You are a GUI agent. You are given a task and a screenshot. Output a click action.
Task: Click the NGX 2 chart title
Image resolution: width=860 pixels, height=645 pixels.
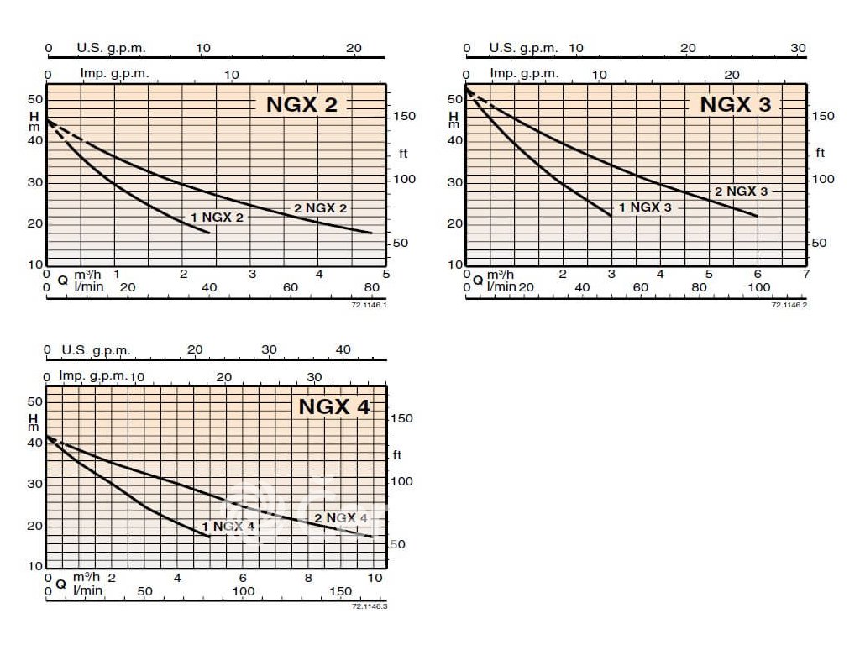[x=302, y=104]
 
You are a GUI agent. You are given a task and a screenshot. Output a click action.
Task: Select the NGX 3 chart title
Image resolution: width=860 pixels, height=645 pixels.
[x=735, y=104]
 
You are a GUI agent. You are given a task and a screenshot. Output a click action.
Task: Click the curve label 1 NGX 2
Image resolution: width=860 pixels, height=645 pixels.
[x=217, y=218]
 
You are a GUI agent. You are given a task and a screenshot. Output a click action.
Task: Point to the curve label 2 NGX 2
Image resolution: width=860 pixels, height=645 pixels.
[x=320, y=208]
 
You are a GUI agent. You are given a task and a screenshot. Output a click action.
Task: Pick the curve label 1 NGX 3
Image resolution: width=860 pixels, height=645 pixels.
[x=646, y=207]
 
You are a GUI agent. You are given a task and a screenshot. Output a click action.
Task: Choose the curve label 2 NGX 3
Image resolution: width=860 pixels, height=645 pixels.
[x=741, y=191]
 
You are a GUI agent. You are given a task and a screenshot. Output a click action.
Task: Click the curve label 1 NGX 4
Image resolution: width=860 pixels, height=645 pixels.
[x=228, y=527]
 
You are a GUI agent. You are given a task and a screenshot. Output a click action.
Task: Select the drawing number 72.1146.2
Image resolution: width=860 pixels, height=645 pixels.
[x=789, y=304]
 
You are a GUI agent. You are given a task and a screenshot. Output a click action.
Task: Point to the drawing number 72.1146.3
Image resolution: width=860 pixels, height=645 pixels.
[x=369, y=606]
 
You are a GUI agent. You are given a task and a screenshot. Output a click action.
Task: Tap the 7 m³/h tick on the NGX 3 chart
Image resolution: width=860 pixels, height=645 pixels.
[x=805, y=274]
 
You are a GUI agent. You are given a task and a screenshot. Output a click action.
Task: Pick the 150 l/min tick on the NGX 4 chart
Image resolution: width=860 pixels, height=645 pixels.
[x=341, y=591]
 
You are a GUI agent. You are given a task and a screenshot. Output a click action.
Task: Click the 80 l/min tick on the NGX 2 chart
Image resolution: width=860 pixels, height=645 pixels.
[x=371, y=287]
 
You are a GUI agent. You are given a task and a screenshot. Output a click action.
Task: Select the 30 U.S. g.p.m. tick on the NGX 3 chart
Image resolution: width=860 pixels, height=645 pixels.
[x=798, y=48]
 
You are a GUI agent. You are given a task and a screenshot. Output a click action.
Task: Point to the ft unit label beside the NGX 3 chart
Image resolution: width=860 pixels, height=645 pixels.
[x=820, y=153]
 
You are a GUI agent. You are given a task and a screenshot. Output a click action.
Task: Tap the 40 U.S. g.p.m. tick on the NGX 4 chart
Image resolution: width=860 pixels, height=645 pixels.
[x=343, y=349]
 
